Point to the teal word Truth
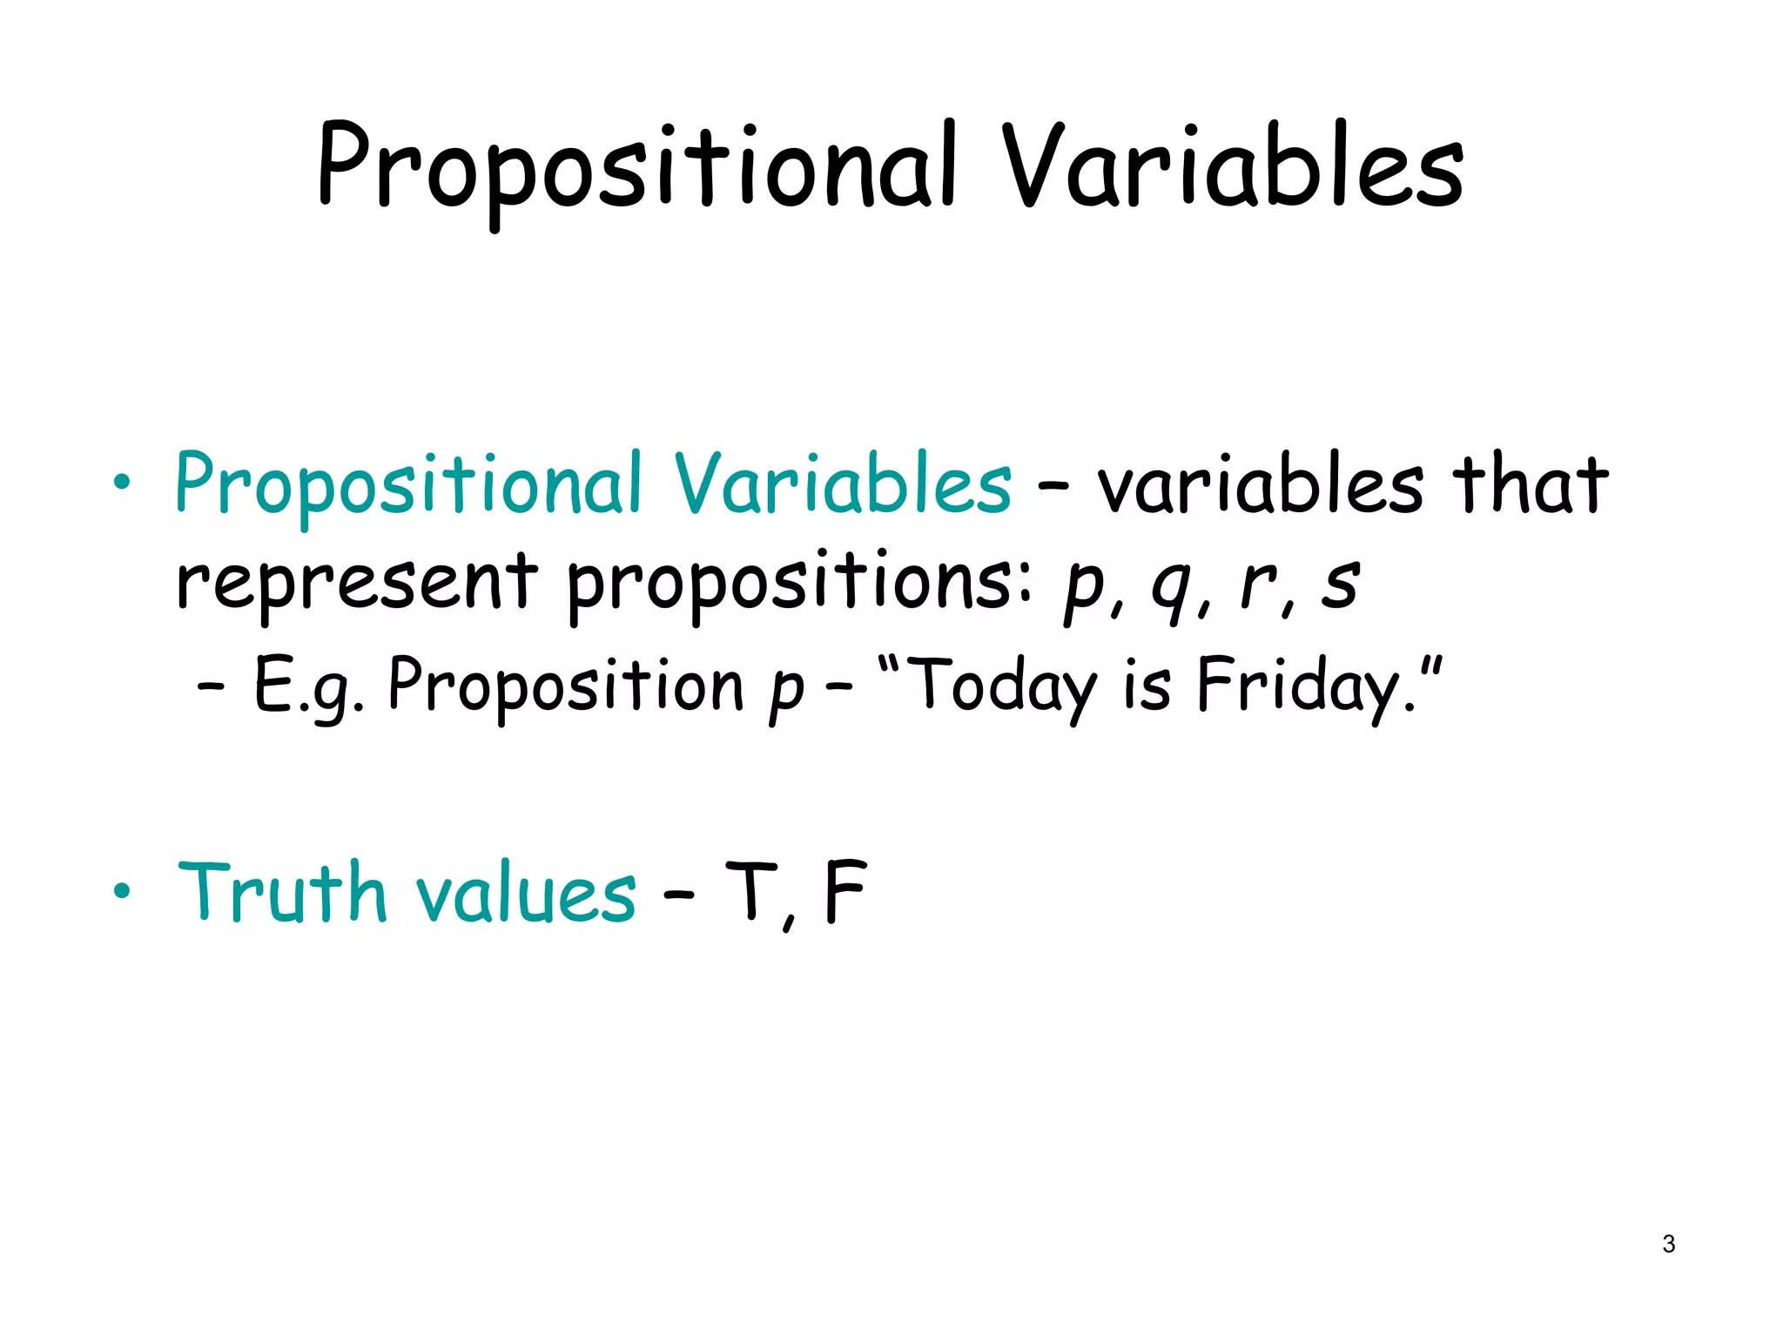(x=282, y=892)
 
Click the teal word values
(x=526, y=894)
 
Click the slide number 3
(x=1668, y=1244)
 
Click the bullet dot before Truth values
(x=122, y=890)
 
